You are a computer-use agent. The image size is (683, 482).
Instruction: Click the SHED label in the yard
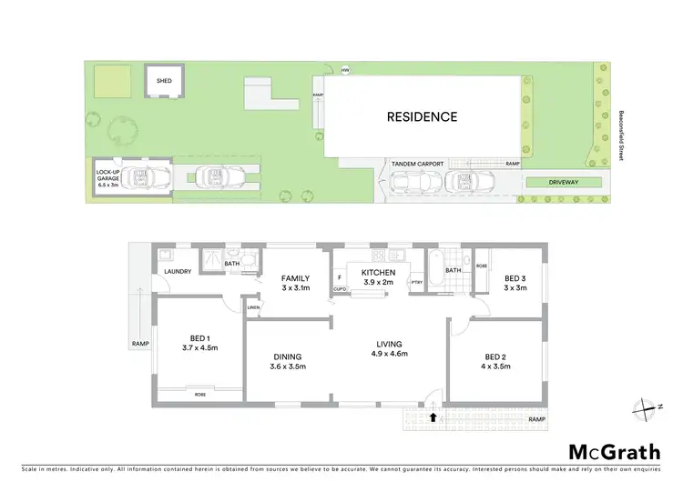(164, 80)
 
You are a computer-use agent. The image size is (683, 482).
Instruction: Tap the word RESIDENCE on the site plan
(422, 116)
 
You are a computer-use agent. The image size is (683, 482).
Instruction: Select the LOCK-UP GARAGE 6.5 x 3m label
(107, 176)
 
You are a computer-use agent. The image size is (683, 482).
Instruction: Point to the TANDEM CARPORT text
(417, 164)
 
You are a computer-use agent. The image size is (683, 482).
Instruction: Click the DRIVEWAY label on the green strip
(564, 182)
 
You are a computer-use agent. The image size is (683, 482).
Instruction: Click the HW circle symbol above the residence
(345, 70)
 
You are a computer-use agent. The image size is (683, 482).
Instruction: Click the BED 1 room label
(199, 341)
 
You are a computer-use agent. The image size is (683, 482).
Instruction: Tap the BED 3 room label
(515, 284)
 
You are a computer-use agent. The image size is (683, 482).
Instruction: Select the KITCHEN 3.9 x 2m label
(378, 277)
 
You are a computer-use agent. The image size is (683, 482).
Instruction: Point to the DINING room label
(287, 362)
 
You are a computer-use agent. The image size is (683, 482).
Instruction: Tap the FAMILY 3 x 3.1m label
(295, 283)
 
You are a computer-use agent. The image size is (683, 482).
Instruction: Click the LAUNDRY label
(178, 272)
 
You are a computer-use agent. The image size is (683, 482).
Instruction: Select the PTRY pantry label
(417, 284)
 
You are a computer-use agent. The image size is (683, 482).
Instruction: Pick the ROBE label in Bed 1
(199, 395)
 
